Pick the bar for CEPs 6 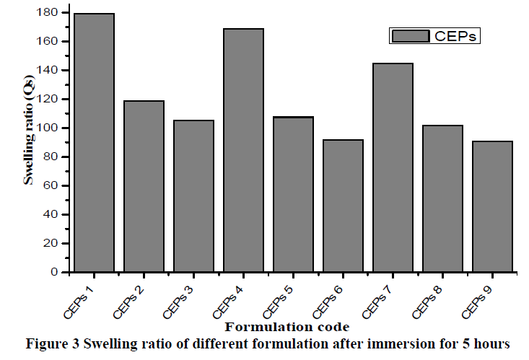(343, 206)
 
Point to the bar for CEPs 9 (492, 206)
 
